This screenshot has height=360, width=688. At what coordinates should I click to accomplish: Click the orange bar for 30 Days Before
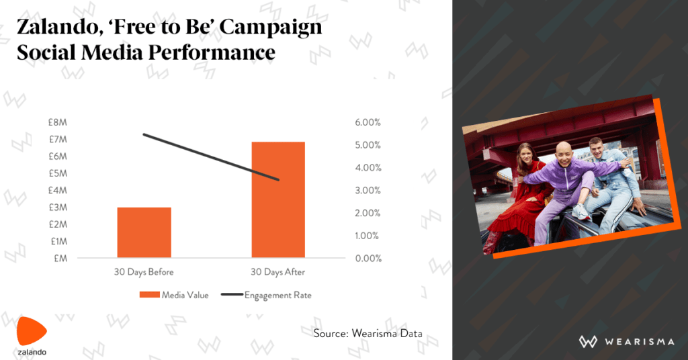tap(144, 232)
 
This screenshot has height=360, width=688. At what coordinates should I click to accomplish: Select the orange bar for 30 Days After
tap(278, 199)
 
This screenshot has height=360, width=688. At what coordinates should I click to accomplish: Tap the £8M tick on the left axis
tap(58, 122)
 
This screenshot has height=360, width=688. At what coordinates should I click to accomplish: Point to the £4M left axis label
tap(58, 190)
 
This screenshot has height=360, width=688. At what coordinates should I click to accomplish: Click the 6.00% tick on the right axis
tap(368, 122)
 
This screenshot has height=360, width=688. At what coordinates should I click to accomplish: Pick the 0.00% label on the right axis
tap(368, 259)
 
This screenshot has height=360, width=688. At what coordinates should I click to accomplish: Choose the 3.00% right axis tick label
tap(368, 190)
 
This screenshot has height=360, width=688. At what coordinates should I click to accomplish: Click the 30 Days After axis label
tap(277, 272)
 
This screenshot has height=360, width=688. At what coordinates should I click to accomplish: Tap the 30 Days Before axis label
tap(144, 272)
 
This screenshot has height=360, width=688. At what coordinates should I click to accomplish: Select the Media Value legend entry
tap(174, 295)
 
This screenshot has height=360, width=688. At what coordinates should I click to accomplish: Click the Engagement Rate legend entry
tap(266, 295)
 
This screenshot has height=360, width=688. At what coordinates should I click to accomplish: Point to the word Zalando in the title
tap(58, 28)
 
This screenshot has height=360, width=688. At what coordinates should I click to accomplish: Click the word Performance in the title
tap(212, 52)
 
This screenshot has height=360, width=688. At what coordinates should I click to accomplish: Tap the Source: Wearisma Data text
tap(368, 334)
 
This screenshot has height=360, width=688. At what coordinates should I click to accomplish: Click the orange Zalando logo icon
tap(31, 331)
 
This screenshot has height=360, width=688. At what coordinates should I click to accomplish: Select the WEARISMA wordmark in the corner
tap(627, 342)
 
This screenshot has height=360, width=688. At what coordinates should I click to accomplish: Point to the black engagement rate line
tap(211, 157)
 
